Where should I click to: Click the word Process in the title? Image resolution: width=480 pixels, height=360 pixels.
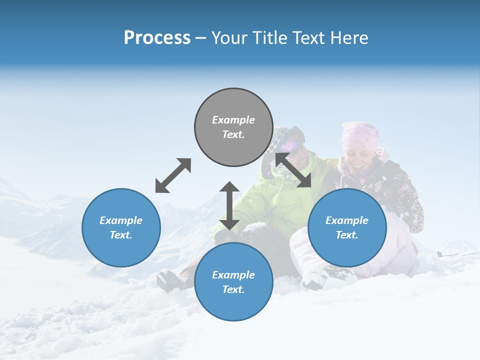point(157,38)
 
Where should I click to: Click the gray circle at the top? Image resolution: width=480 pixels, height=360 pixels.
point(233,127)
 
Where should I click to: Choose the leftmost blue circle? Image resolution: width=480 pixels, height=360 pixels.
point(121,227)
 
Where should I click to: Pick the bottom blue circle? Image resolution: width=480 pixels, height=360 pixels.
point(233,282)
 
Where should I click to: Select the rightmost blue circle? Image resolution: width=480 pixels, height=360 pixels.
point(347,227)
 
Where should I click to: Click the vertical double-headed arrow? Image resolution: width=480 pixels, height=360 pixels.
point(229,206)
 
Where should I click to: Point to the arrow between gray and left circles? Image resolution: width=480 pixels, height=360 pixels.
point(173,175)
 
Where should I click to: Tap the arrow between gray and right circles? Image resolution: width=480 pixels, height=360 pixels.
point(293,170)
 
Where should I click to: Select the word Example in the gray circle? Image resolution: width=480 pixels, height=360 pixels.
point(233,120)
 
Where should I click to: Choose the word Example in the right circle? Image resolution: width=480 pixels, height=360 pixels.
point(347,220)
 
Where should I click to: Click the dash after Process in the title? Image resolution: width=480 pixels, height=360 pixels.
point(201,38)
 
